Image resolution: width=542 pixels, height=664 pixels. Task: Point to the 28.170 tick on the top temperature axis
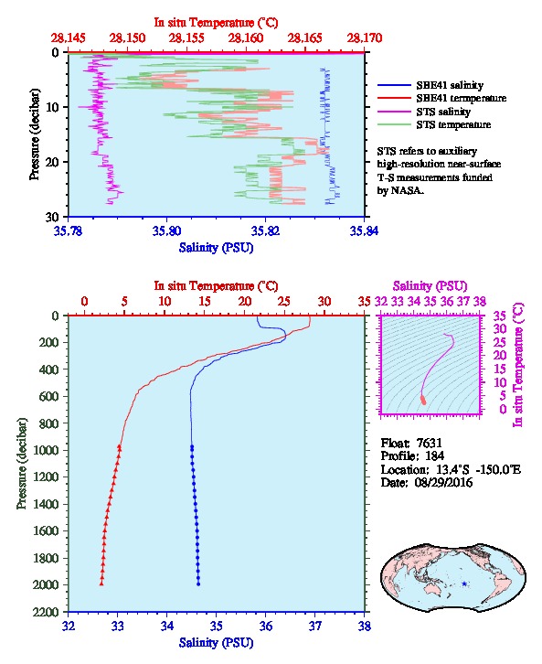point(365,38)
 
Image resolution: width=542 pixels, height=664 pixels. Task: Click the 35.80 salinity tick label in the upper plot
point(166,230)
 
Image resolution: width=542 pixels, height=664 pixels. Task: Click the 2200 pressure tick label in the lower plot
point(46,612)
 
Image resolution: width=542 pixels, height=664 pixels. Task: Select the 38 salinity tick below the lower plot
point(365,626)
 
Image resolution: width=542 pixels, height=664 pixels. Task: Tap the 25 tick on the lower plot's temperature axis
point(284,301)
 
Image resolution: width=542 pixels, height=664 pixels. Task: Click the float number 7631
point(429,443)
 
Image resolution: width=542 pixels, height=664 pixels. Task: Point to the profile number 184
point(434,456)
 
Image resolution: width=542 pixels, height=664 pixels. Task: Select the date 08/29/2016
point(443,482)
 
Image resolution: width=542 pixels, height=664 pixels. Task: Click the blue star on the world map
point(464,584)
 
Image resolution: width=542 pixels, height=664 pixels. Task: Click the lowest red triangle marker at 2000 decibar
point(101,584)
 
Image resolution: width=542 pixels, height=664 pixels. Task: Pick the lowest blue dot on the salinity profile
point(198,584)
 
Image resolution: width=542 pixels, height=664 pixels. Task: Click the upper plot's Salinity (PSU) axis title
point(216,247)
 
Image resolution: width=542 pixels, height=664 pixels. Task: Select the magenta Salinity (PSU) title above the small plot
point(430,286)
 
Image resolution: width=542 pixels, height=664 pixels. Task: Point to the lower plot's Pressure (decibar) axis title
point(22,464)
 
